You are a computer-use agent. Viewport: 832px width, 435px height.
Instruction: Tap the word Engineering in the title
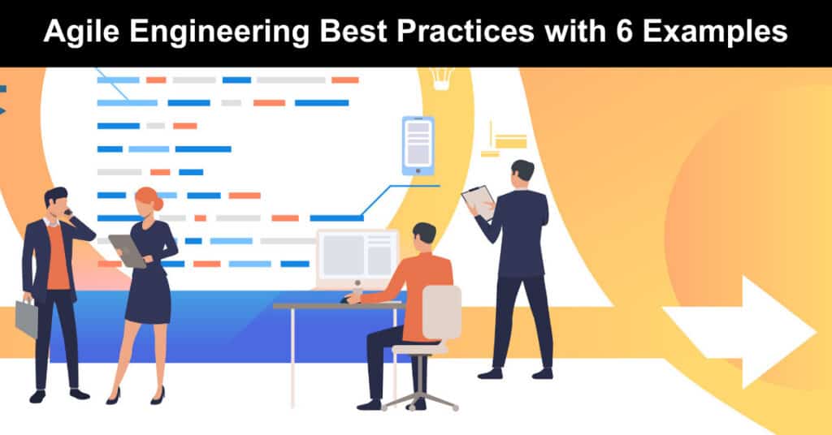point(220,32)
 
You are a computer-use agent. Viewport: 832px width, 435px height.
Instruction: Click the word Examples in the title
point(715,32)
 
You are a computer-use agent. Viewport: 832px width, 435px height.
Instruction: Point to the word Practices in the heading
point(466,32)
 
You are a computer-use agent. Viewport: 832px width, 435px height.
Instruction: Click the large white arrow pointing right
point(739,332)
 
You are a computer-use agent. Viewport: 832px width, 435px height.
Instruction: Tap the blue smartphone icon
point(418,146)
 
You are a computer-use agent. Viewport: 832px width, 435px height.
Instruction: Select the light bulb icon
point(441,78)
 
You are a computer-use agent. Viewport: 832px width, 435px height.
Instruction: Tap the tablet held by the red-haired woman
point(128,251)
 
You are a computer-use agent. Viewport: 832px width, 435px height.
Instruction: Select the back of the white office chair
point(441,312)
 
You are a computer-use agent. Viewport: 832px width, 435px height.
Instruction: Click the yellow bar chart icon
point(504,140)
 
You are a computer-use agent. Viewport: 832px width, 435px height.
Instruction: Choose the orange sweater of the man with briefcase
point(58,257)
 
